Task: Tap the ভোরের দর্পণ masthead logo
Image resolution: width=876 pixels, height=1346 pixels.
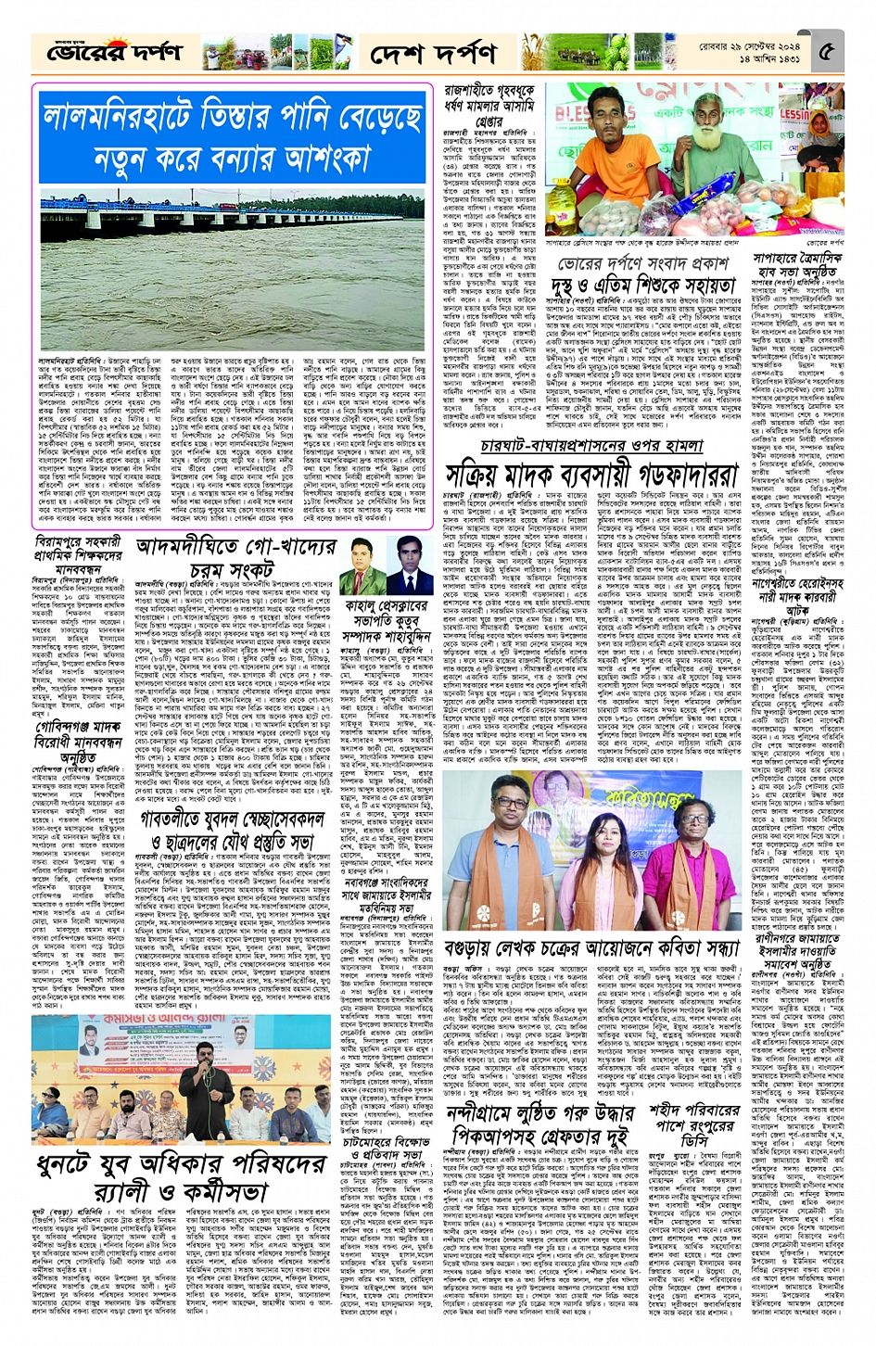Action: (x=102, y=53)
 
